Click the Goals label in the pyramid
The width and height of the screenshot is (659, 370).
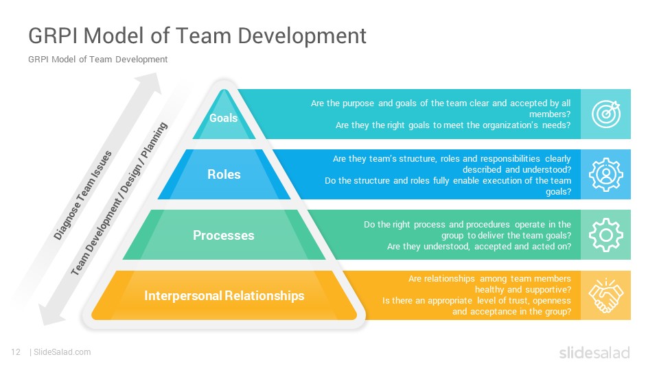pos(224,118)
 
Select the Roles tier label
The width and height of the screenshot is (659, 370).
pos(224,174)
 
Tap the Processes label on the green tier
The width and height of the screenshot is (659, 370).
pos(224,235)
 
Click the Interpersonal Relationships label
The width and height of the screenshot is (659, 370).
pos(224,295)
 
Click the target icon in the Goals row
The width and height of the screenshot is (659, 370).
pos(606,114)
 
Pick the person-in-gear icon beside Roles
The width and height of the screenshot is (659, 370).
pos(606,175)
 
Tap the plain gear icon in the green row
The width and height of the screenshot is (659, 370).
pos(606,235)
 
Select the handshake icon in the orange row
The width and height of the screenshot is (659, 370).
pos(605,295)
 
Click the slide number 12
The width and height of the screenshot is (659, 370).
pos(16,352)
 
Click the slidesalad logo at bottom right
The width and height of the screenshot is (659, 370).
pos(594,353)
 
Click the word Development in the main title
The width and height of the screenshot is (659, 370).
pos(302,36)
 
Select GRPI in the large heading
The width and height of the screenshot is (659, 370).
pos(53,35)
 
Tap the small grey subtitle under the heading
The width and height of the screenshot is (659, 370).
pos(98,60)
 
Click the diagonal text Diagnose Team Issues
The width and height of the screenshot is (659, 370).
pos(83,195)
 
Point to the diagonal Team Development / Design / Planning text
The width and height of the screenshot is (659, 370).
pos(119,199)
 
